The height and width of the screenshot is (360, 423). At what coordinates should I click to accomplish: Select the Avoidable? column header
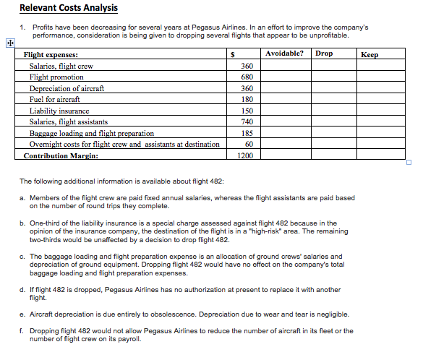285,53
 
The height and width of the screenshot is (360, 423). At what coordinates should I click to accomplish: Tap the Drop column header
324,53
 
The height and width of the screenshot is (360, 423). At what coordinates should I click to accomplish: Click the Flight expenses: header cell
51,54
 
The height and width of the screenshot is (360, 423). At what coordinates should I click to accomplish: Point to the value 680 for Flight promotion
247,77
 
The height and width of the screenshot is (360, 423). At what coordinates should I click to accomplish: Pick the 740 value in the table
247,121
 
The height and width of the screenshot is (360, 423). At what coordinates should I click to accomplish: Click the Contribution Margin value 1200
246,155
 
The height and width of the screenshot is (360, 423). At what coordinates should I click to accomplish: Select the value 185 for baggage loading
247,133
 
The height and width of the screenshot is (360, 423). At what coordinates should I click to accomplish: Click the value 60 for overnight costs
249,144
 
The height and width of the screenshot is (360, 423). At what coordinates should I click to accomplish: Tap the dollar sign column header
231,54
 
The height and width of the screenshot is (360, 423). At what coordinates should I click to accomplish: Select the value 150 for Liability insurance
247,111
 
